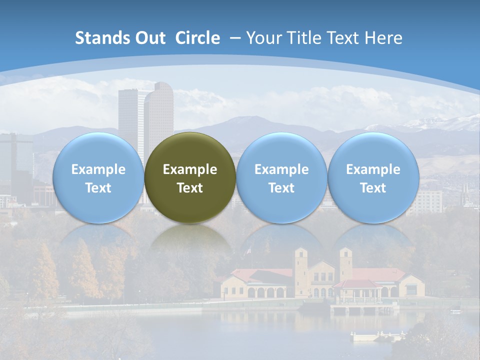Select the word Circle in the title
tap(197, 38)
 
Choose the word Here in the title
tap(383, 38)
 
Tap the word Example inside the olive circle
tap(190, 169)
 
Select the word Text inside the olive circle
tap(190, 188)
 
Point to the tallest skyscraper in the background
tap(159, 107)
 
